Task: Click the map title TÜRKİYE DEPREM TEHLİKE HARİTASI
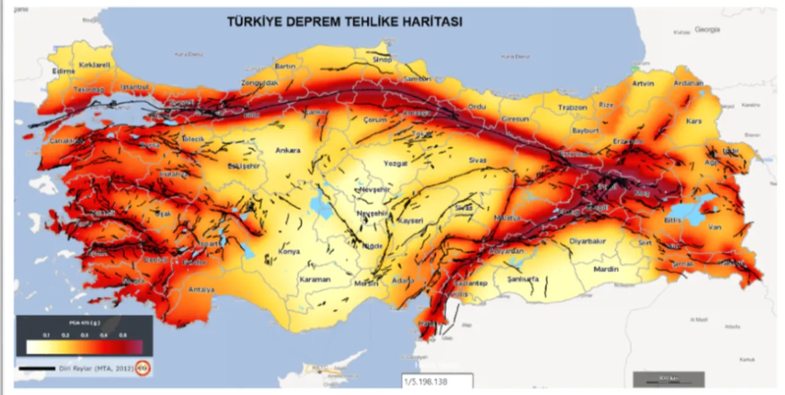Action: pyautogui.click(x=345, y=22)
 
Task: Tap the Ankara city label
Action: pyautogui.click(x=288, y=150)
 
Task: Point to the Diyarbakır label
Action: pyautogui.click(x=588, y=241)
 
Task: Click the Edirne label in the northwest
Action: pyautogui.click(x=64, y=71)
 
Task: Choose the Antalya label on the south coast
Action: pyautogui.click(x=202, y=289)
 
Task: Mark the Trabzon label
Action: pyautogui.click(x=572, y=107)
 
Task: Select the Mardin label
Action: pyautogui.click(x=606, y=269)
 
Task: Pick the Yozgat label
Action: pyautogui.click(x=378, y=165)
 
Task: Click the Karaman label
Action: pyautogui.click(x=315, y=280)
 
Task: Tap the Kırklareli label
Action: pyautogui.click(x=93, y=64)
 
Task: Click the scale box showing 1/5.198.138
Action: pyautogui.click(x=437, y=381)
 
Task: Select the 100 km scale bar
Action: pyautogui.click(x=668, y=378)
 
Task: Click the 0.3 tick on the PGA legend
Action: pyautogui.click(x=84, y=334)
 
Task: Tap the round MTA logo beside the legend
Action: pyautogui.click(x=144, y=368)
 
